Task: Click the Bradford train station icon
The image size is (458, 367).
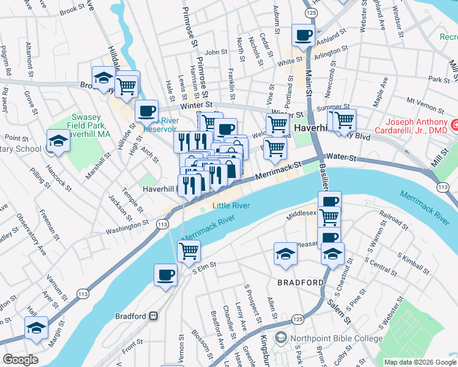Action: pyautogui.click(x=153, y=316)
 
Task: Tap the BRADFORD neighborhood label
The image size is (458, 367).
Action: pyautogui.click(x=300, y=283)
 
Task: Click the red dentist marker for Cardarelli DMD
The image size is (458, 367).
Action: pyautogui.click(x=455, y=125)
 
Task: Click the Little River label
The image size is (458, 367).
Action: pyautogui.click(x=231, y=206)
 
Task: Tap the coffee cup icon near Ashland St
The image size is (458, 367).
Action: pyautogui.click(x=303, y=35)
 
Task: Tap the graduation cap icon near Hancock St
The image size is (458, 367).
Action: pyautogui.click(x=58, y=141)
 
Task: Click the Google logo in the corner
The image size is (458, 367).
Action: pyautogui.click(x=20, y=360)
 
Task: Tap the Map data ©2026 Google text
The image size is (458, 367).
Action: pyautogui.click(x=419, y=362)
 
